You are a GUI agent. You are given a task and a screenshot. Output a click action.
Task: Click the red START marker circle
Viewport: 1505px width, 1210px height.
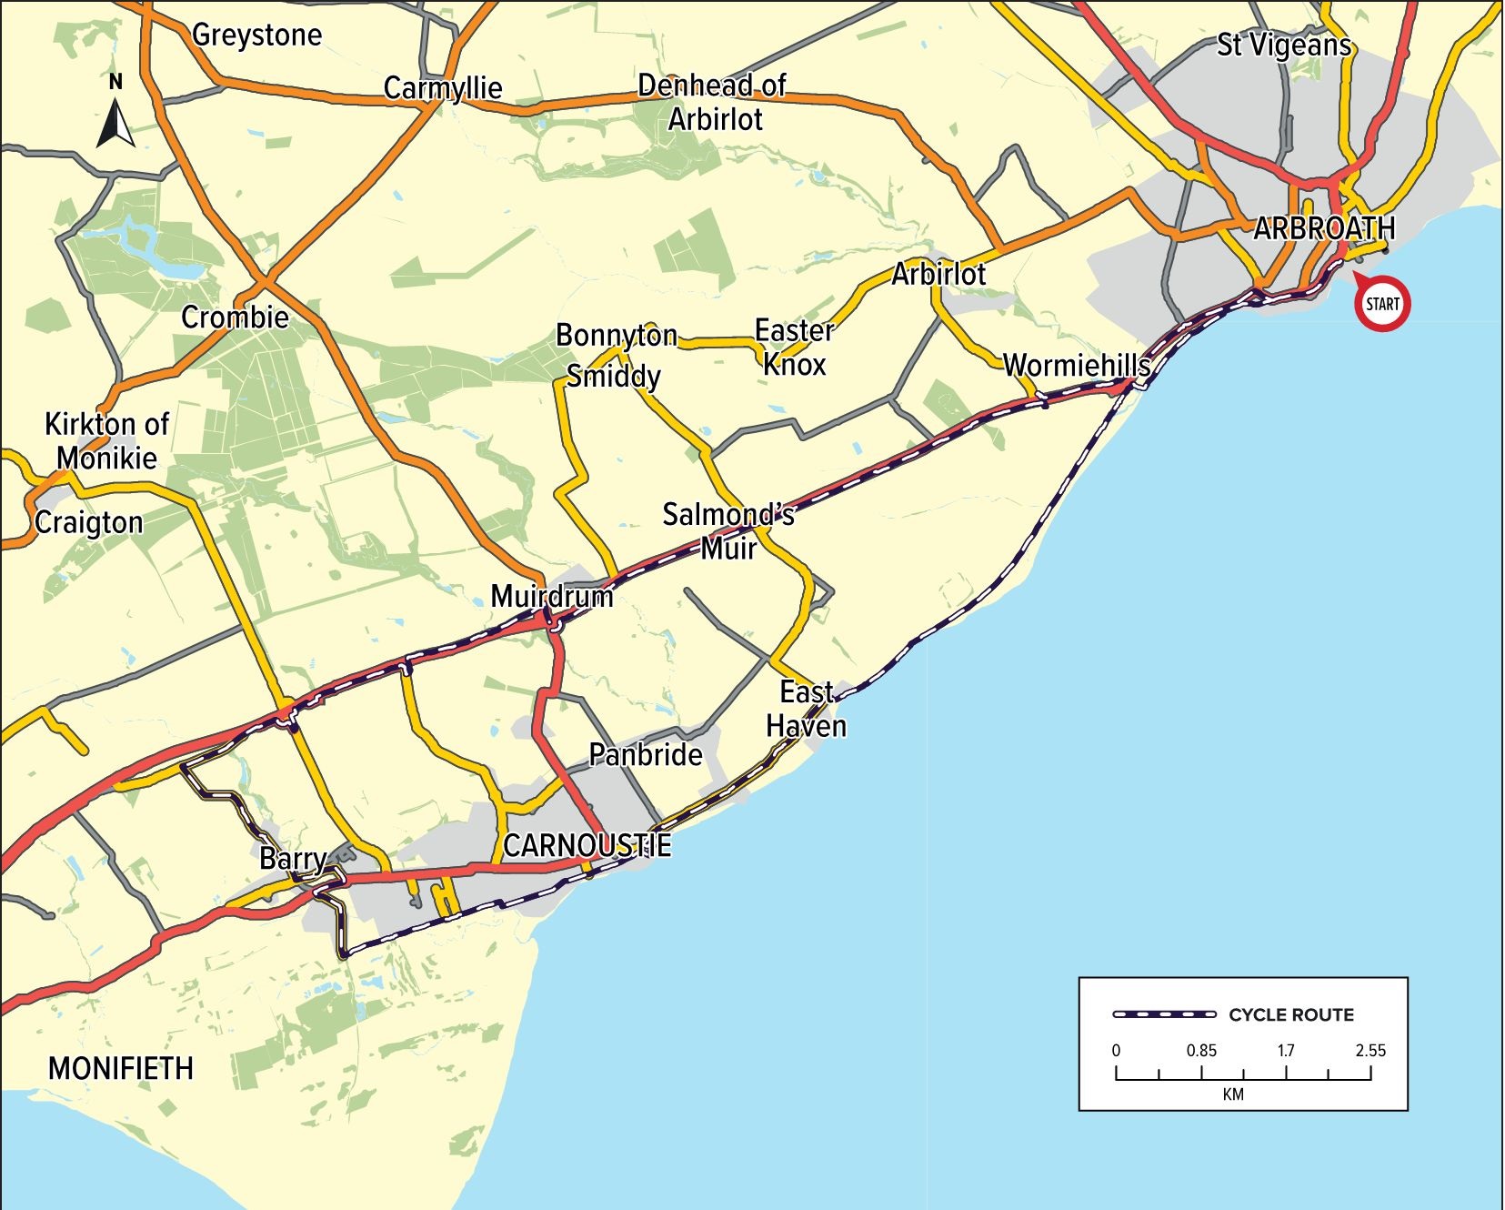tap(1381, 304)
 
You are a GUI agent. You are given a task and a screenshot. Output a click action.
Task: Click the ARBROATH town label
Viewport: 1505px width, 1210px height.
tap(1323, 228)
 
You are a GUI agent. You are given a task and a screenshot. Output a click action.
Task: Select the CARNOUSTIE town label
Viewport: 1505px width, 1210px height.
tap(587, 845)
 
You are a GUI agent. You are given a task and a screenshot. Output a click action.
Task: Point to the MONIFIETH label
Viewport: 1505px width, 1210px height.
tap(121, 1067)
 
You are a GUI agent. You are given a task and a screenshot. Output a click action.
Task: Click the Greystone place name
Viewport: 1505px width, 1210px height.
tap(257, 35)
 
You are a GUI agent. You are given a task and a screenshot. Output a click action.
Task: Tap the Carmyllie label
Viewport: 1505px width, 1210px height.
tap(443, 88)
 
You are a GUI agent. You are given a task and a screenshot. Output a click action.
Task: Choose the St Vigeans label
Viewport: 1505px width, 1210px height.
tap(1284, 45)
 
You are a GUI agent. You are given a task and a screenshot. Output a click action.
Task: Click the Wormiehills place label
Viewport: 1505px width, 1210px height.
tap(1077, 366)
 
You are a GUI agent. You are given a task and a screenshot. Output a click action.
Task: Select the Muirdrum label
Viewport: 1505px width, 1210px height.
tap(552, 597)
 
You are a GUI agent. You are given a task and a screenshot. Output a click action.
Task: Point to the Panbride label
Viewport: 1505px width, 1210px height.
tap(646, 754)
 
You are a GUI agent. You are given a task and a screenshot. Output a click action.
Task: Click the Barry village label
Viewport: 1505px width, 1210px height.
tap(293, 858)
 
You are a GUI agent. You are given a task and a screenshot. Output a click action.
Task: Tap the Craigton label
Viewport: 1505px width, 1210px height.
tap(89, 523)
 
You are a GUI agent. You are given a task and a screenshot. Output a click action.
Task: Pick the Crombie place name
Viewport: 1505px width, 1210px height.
tap(235, 318)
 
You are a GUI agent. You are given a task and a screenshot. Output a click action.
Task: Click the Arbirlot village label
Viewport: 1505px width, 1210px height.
tap(938, 274)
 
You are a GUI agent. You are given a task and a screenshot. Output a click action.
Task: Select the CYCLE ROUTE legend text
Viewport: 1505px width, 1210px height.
tap(1290, 1014)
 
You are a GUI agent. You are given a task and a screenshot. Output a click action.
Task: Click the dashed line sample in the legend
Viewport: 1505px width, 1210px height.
tap(1165, 1014)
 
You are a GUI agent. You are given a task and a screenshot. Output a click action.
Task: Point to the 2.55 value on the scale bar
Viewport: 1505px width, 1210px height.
tap(1370, 1050)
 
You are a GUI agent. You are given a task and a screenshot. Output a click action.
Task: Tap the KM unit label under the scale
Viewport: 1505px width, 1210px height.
tap(1232, 1094)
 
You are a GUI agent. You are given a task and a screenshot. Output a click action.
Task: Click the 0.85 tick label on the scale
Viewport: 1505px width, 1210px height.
tap(1200, 1050)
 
